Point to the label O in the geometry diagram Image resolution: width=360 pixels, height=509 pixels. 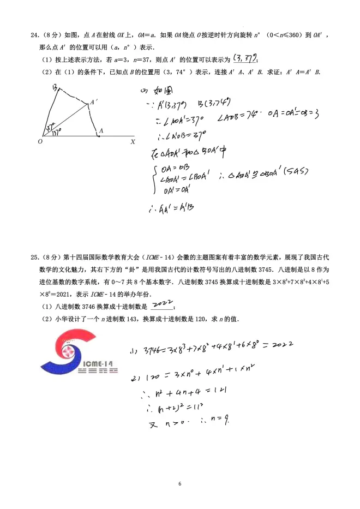point(40,141)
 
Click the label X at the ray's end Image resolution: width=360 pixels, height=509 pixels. point(133,141)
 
